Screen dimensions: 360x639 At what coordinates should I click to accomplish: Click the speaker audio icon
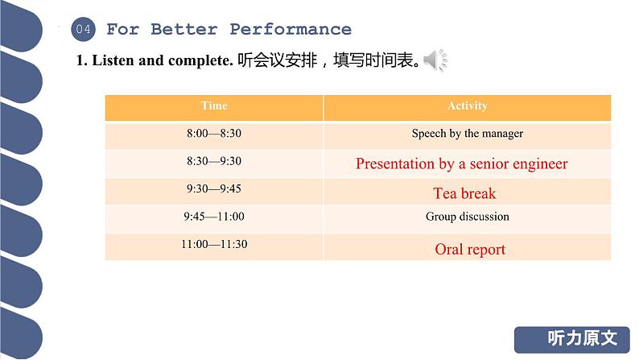tap(435, 60)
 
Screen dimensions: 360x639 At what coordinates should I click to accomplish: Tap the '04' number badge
tap(84, 30)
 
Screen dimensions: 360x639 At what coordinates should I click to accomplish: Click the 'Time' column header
tap(214, 106)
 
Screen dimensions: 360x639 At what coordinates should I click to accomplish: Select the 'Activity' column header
tap(467, 106)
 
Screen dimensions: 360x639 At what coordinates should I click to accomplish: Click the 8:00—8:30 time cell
tap(214, 134)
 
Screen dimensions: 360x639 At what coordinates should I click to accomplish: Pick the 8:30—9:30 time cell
tap(214, 161)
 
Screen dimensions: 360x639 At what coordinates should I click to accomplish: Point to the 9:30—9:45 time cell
tap(214, 189)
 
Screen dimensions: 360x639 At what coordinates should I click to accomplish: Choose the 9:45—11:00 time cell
tap(214, 217)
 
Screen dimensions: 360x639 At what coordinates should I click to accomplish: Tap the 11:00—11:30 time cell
tap(214, 244)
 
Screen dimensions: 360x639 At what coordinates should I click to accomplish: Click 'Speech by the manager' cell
tap(467, 134)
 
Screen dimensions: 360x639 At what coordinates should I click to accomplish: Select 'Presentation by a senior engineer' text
tap(462, 163)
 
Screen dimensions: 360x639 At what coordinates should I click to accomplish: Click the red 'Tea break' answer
tap(465, 193)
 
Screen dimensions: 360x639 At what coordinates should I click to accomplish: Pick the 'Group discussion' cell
tap(467, 217)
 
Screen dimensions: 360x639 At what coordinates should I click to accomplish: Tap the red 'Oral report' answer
tap(470, 250)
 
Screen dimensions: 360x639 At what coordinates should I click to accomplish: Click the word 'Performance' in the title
tap(291, 30)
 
